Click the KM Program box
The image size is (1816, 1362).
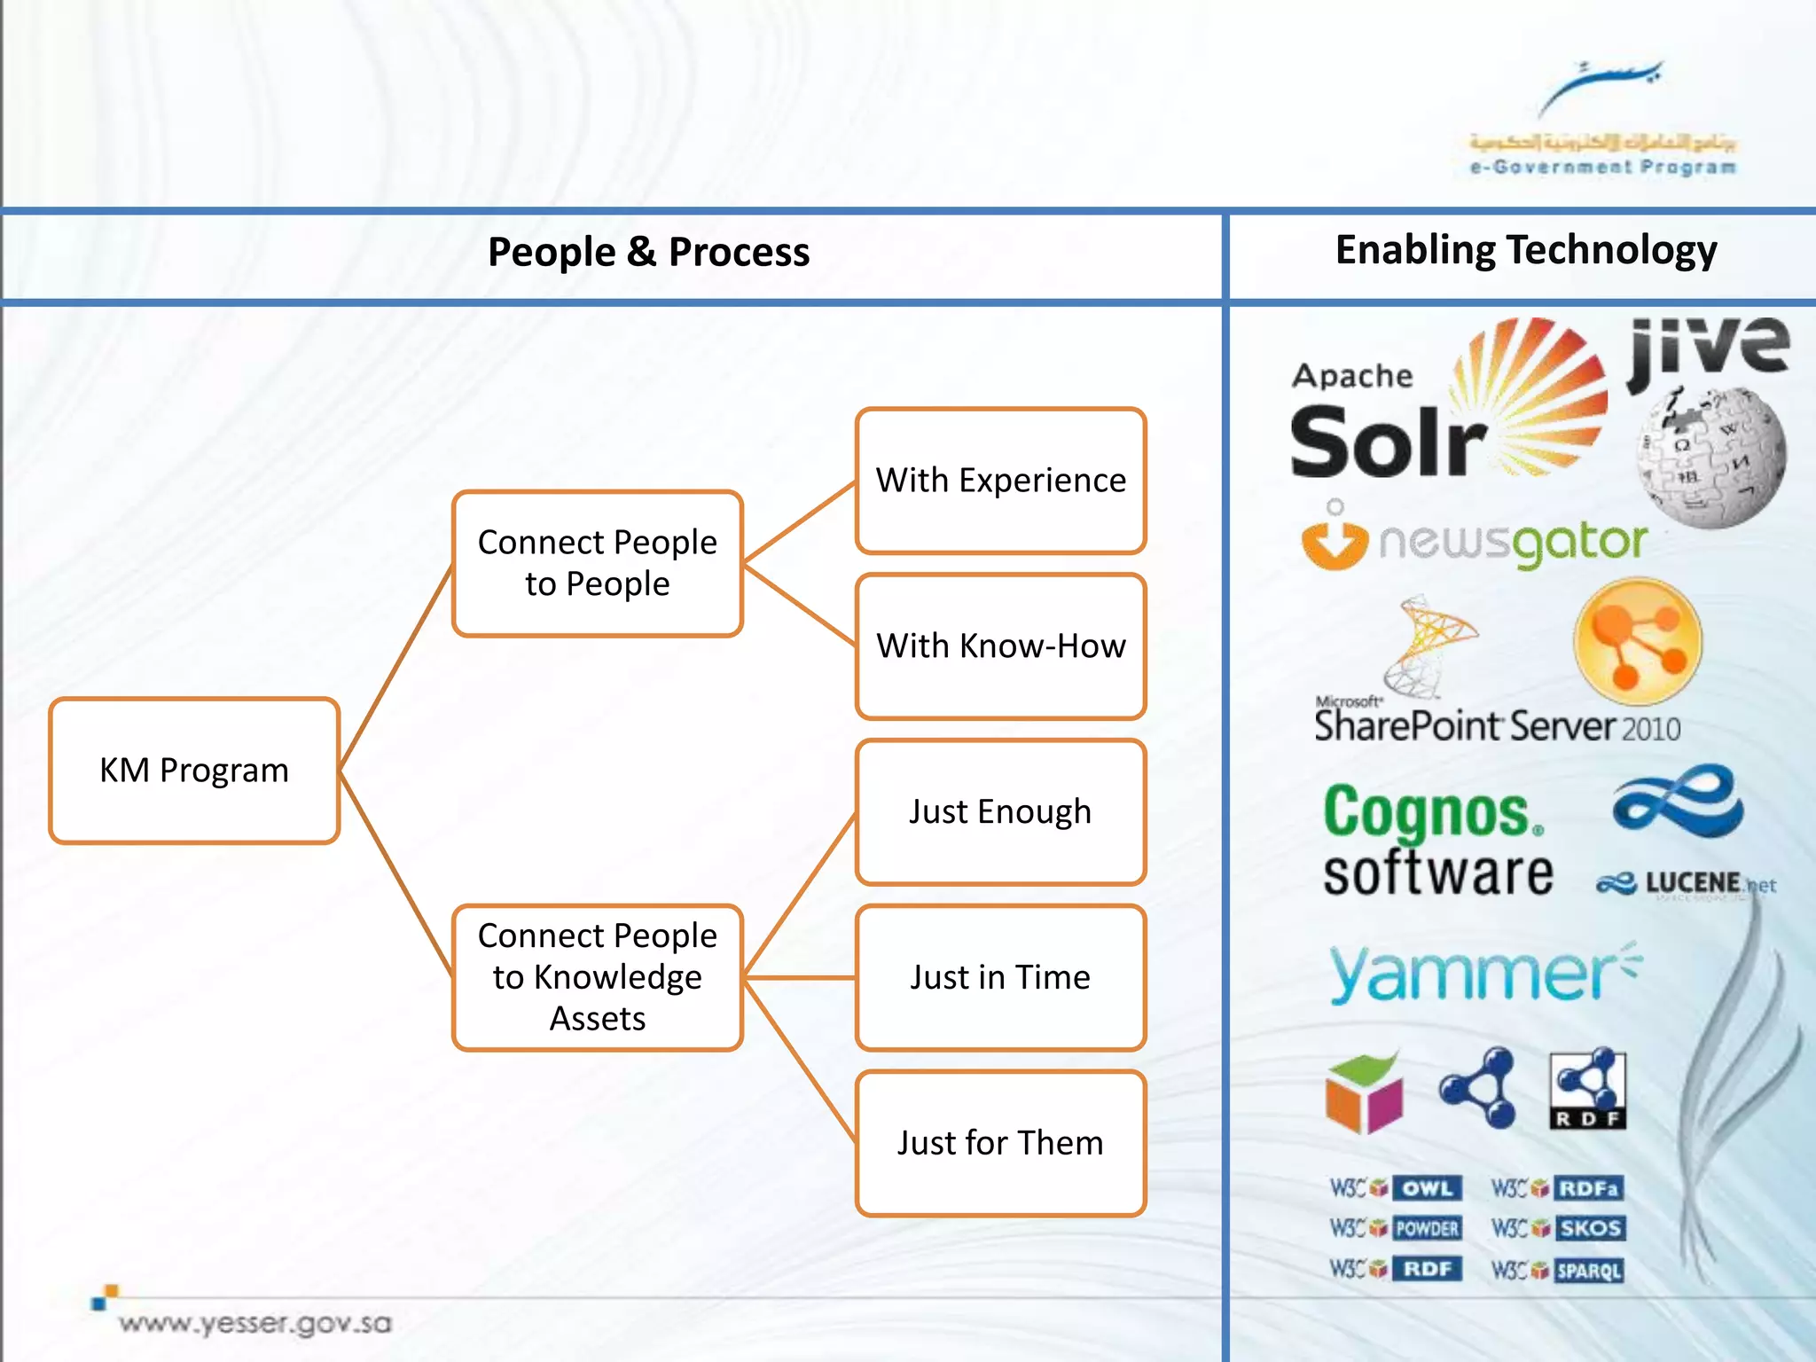[x=194, y=770]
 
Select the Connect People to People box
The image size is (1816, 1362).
[x=597, y=563]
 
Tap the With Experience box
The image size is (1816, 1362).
[x=1000, y=481]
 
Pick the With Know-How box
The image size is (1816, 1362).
[x=1000, y=646]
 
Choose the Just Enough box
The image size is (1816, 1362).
[x=1000, y=812]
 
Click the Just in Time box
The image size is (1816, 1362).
[x=1000, y=977]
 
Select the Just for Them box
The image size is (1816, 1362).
[x=1000, y=1143]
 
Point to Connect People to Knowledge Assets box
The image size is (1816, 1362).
[x=597, y=977]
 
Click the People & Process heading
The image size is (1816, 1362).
[x=648, y=253]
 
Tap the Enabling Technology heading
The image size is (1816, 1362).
[x=1525, y=250]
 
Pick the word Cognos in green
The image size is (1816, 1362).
[x=1429, y=812]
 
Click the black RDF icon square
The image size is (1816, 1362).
[x=1587, y=1091]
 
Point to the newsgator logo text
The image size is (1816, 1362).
[x=1512, y=542]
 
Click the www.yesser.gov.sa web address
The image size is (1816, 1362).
[x=255, y=1323]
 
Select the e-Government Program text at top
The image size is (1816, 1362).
[x=1601, y=168]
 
